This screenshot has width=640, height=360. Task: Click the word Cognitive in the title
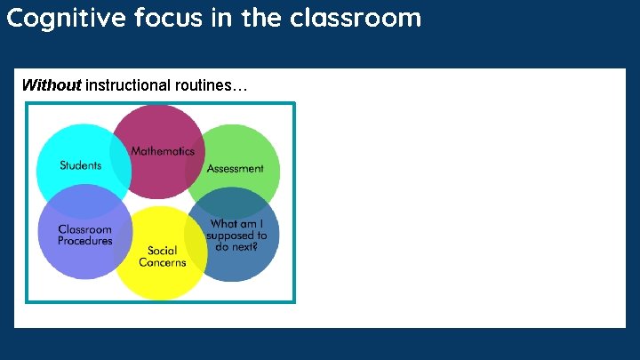66,18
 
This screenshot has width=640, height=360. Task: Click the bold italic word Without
52,85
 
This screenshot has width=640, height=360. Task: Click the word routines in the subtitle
210,85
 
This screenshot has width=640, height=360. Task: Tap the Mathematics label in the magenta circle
163,150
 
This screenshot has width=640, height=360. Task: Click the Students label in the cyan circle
80,164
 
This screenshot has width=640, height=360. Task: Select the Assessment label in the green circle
235,167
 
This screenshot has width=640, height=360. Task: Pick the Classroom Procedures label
85,235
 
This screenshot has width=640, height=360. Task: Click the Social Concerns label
163,256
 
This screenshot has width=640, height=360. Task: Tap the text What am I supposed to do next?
236,236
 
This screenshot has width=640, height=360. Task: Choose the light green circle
249,147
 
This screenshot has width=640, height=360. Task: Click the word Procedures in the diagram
85,241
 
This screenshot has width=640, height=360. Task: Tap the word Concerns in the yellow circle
163,262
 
